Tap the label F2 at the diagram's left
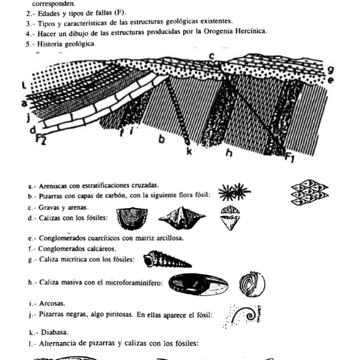41,138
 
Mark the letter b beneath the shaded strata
161,139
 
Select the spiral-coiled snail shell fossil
164,260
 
